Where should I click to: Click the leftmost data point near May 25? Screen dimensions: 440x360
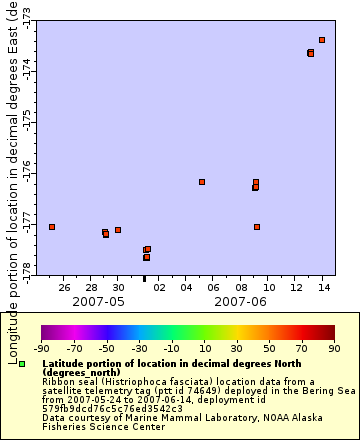(x=52, y=227)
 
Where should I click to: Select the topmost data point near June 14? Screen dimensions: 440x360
(x=322, y=40)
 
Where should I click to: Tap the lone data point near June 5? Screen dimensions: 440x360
(x=202, y=182)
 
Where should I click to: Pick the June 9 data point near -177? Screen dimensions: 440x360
(x=257, y=227)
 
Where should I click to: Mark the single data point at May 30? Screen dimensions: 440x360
(x=118, y=230)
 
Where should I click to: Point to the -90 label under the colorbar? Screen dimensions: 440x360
(x=41, y=349)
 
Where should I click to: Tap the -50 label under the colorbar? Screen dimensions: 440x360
(x=106, y=349)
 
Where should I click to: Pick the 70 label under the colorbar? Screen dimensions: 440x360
(x=302, y=349)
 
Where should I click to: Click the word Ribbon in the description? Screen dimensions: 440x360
(x=58, y=380)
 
